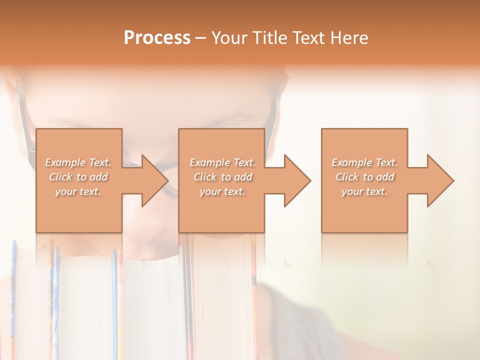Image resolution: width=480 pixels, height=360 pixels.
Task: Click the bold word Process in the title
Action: click(157, 38)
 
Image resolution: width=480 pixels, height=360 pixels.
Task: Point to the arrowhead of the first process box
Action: click(153, 180)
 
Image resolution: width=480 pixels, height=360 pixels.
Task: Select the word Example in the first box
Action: click(65, 162)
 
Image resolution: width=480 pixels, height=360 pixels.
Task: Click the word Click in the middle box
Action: click(204, 177)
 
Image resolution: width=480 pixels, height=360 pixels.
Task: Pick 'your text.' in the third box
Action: click(364, 191)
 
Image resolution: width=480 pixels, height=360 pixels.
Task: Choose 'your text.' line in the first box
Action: click(78, 191)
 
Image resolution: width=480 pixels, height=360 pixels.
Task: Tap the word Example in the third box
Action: click(351, 162)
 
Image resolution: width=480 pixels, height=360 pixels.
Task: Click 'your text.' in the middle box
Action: click(222, 191)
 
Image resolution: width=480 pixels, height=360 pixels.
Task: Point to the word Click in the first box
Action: click(60, 177)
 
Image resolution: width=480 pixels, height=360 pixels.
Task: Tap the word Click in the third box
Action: click(347, 177)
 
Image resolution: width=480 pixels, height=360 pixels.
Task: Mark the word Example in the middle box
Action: click(209, 162)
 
